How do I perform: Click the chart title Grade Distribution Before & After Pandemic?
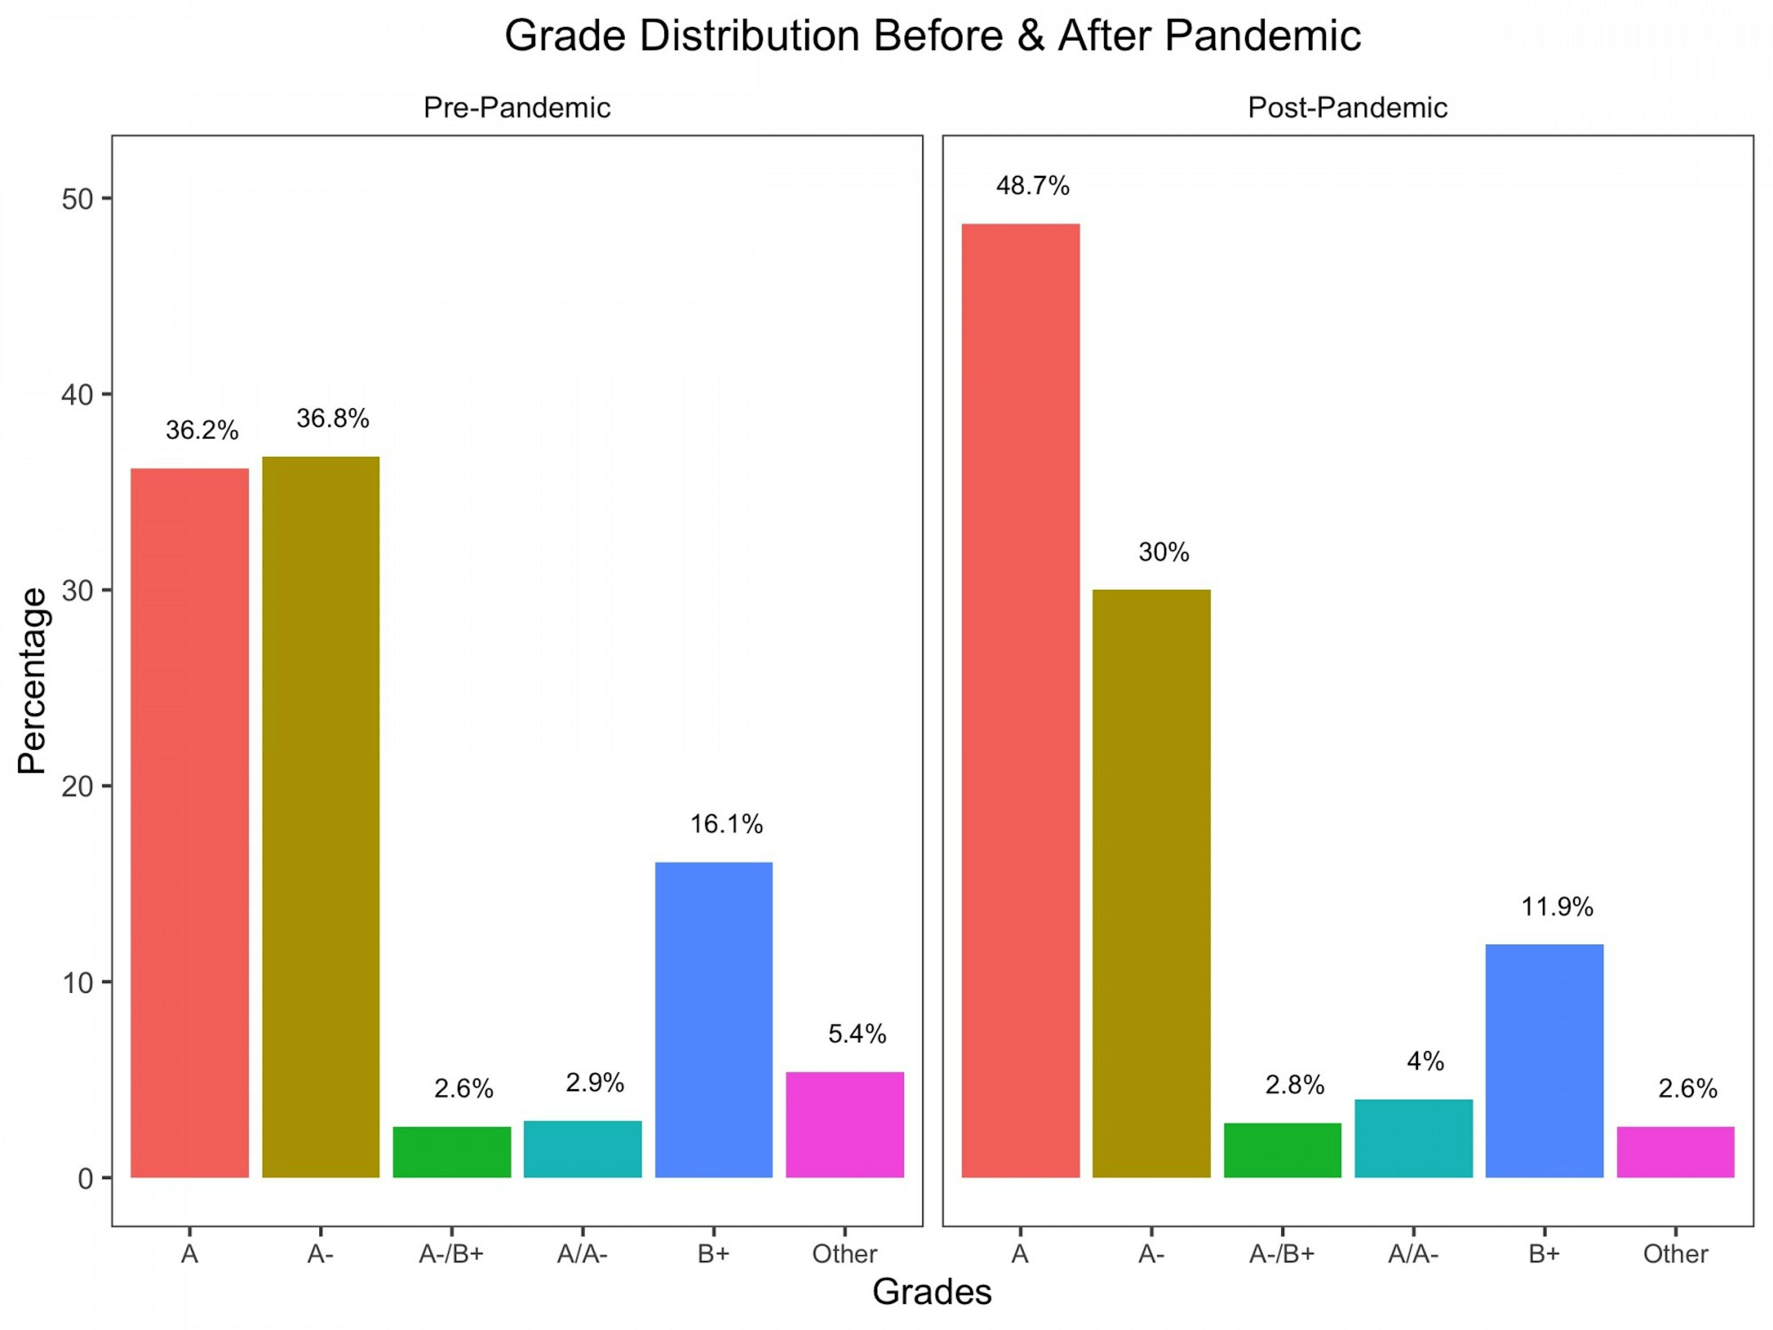pyautogui.click(x=932, y=36)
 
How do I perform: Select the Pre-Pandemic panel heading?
pyautogui.click(x=517, y=107)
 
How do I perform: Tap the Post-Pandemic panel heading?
pyautogui.click(x=1347, y=107)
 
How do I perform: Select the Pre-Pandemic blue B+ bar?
pyautogui.click(x=713, y=1020)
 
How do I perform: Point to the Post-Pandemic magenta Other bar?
pyautogui.click(x=1675, y=1152)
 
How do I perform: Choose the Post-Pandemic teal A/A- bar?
pyautogui.click(x=1413, y=1138)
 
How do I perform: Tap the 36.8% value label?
pyautogui.click(x=332, y=419)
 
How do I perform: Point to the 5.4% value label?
pyautogui.click(x=857, y=1034)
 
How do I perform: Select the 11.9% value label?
pyautogui.click(x=1558, y=907)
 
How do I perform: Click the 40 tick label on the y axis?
pyautogui.click(x=77, y=395)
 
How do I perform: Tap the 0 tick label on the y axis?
pyautogui.click(x=85, y=1178)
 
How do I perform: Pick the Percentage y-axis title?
pyautogui.click(x=32, y=681)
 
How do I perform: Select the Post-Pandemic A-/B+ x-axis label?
pyautogui.click(x=1282, y=1254)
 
